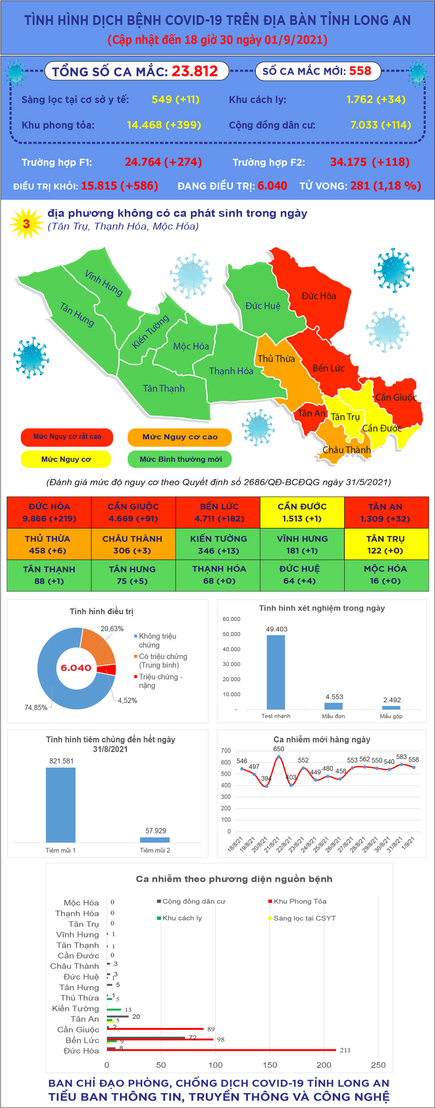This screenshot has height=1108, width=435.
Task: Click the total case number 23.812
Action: pos(194,71)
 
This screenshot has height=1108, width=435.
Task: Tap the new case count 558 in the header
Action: pos(360,71)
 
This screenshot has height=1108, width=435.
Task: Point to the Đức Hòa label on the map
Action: pos(319,296)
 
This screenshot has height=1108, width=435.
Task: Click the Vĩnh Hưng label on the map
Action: pos(104,283)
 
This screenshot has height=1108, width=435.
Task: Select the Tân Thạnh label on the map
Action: pos(164,388)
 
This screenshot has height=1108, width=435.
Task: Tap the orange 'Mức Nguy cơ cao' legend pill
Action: pos(180,437)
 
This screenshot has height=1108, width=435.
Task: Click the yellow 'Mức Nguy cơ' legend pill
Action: pos(66,459)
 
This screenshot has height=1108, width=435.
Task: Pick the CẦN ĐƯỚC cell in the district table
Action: pos(302,512)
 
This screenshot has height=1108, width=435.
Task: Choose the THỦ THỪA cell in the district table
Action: pos(49,544)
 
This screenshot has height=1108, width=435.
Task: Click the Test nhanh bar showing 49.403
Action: pos(276,672)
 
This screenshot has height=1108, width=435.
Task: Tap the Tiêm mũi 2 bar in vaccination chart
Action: pos(155,840)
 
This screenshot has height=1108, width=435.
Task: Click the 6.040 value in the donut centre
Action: pos(76,668)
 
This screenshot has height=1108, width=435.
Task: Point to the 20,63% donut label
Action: pos(112,629)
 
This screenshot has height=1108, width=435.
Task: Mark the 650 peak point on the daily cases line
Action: pos(278,757)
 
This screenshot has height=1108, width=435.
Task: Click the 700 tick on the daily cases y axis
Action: pos(226,750)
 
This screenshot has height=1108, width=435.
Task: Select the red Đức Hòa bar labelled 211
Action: pos(221,1050)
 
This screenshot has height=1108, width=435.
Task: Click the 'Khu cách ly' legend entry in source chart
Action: pos(179,918)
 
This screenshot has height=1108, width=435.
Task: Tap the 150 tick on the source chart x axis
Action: pos(270,1064)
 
